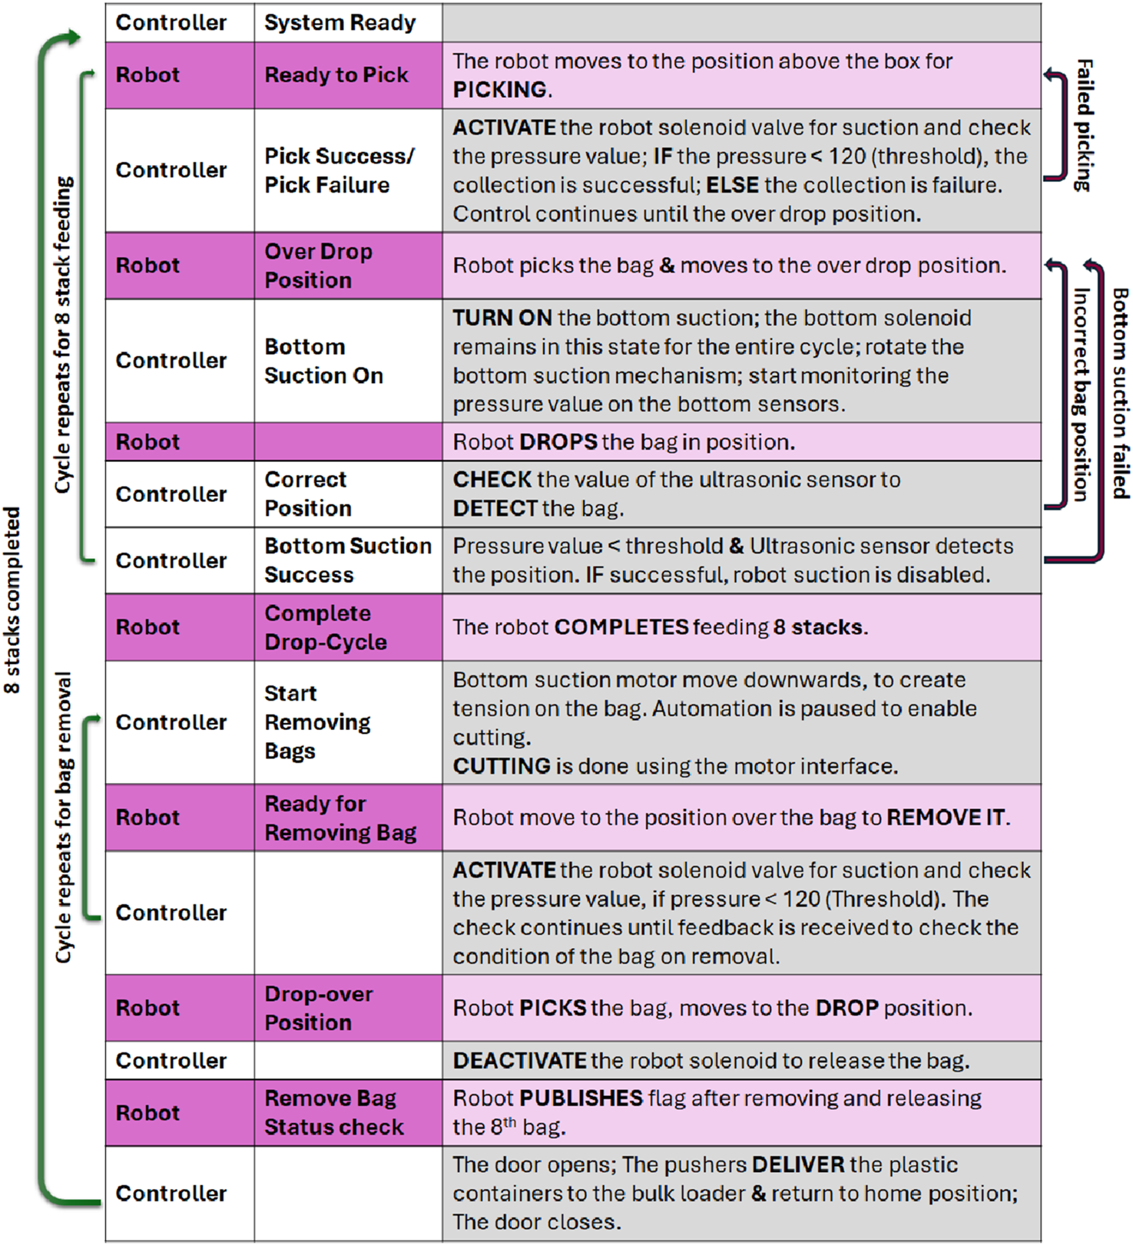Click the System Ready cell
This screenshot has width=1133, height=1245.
(340, 23)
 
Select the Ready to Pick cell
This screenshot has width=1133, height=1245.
(336, 75)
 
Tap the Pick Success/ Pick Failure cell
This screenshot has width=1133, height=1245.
(339, 170)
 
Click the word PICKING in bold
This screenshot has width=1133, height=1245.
(499, 90)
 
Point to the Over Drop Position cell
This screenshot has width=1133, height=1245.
(319, 266)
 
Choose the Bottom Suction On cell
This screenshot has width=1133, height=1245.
(323, 361)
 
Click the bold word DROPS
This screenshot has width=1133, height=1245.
(558, 442)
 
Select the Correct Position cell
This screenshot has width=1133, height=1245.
(308, 494)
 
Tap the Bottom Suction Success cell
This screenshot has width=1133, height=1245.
(348, 560)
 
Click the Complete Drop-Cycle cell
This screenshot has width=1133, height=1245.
(326, 627)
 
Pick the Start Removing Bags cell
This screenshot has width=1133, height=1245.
(317, 722)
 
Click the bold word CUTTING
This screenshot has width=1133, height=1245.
(502, 766)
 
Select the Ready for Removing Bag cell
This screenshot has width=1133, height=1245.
(340, 817)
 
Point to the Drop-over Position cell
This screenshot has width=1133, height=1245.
(319, 1008)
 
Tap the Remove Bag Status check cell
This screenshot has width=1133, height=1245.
(334, 1113)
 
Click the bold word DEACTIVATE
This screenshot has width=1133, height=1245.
(520, 1061)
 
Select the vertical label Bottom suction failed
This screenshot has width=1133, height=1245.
(1121, 393)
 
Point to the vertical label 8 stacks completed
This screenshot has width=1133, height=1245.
(12, 600)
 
